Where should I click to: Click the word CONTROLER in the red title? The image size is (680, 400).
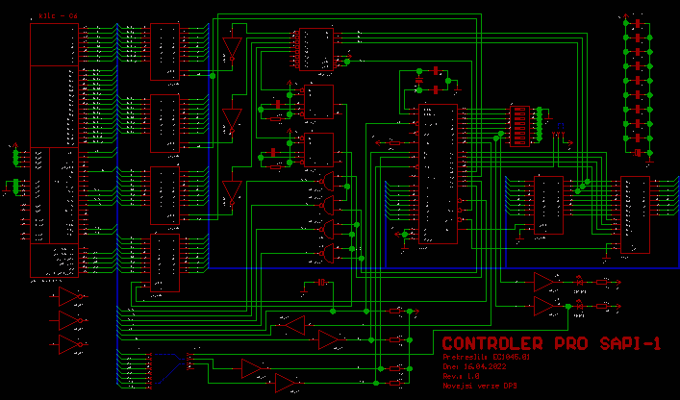point(490,344)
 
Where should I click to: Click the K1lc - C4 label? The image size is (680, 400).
point(54,16)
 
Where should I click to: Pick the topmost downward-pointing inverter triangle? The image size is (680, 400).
point(231,48)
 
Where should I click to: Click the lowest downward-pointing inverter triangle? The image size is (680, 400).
point(232,192)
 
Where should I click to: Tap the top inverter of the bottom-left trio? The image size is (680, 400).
point(71,294)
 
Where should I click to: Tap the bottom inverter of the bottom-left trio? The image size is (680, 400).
point(71,344)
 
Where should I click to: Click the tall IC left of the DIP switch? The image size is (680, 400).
point(438,173)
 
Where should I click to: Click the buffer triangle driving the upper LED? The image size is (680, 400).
point(545,282)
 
